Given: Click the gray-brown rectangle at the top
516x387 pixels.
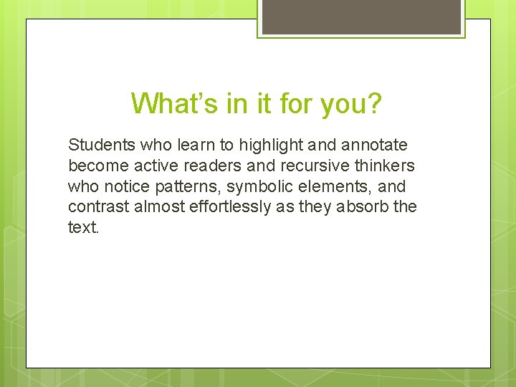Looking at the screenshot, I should tap(361, 16).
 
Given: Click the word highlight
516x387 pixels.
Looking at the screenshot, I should tap(270, 145).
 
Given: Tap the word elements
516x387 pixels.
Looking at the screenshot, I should tap(331, 187).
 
